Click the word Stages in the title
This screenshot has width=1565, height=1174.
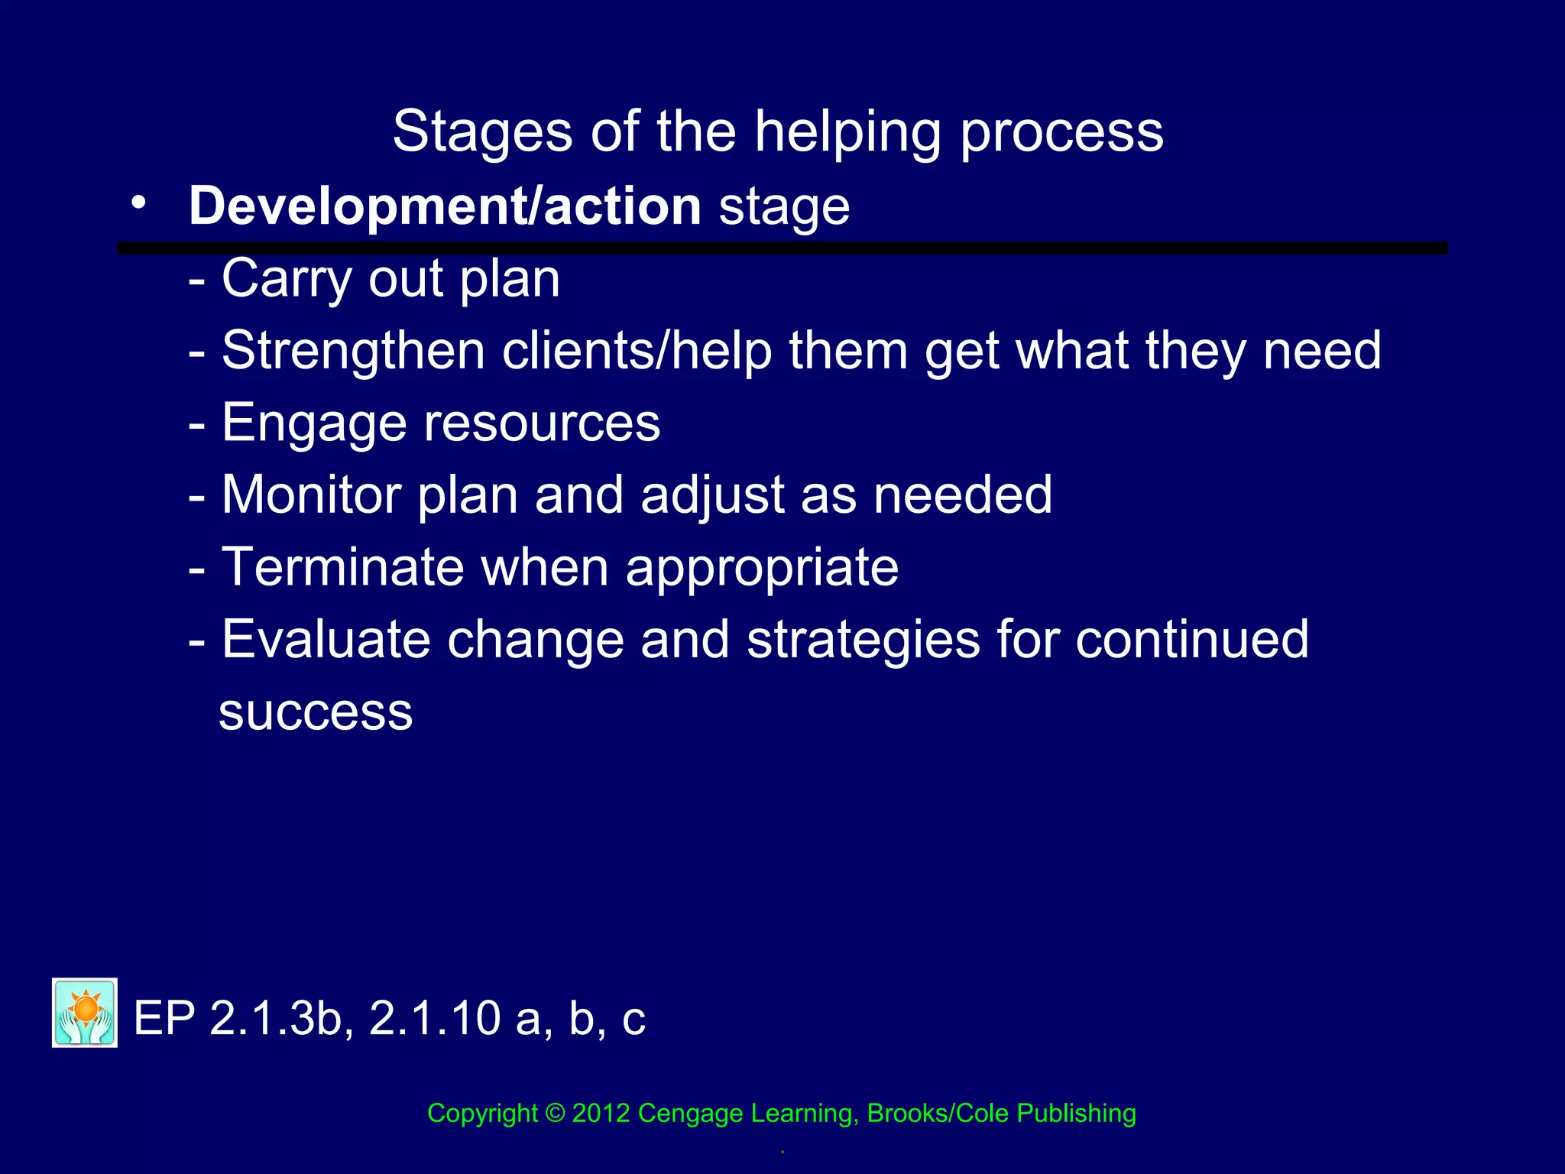[482, 131]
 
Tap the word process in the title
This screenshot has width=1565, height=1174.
[1061, 131]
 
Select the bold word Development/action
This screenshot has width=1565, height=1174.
[445, 206]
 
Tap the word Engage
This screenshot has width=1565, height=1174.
[314, 423]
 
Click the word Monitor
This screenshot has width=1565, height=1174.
[311, 495]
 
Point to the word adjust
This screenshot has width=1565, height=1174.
[712, 495]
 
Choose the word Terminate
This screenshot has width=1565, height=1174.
[342, 567]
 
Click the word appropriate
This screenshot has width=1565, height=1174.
[762, 567]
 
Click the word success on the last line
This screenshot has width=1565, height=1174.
[316, 712]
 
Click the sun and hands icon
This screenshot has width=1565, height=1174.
[85, 1012]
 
